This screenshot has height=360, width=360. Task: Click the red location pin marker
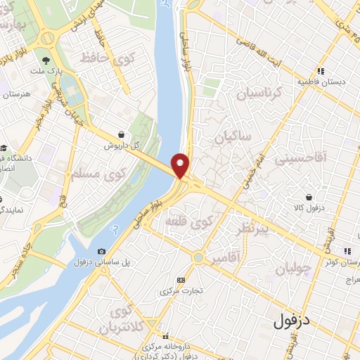point(181,165)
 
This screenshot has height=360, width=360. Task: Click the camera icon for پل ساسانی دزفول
point(103,252)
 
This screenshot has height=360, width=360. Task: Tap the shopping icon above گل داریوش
point(122,134)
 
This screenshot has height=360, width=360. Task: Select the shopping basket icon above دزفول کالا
point(309,198)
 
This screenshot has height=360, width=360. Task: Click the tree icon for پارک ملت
point(46,60)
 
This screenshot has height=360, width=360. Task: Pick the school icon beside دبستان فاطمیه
point(321,71)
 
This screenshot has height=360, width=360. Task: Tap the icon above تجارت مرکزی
point(181,280)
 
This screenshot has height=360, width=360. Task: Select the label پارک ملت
point(46,72)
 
